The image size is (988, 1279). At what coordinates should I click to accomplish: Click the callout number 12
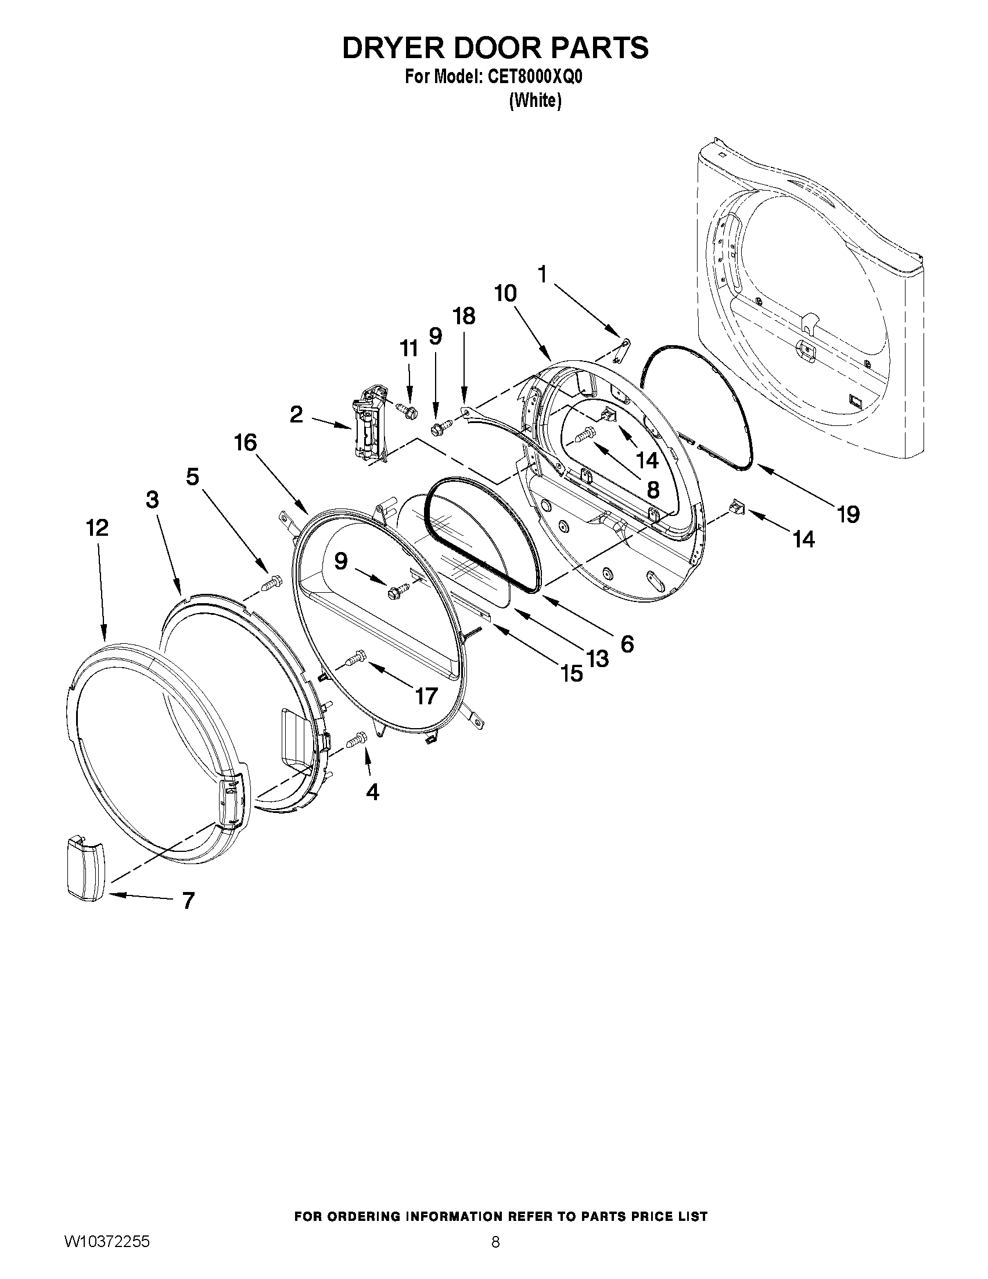point(97,528)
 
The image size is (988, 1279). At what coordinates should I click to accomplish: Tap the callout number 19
point(848,514)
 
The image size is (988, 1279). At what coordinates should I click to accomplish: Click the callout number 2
point(297,415)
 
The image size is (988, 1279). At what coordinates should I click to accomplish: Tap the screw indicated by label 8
point(585,434)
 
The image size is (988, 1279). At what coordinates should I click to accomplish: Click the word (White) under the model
point(535,101)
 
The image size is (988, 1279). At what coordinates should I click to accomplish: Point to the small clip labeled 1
point(623,349)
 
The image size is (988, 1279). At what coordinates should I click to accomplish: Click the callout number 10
point(505,293)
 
